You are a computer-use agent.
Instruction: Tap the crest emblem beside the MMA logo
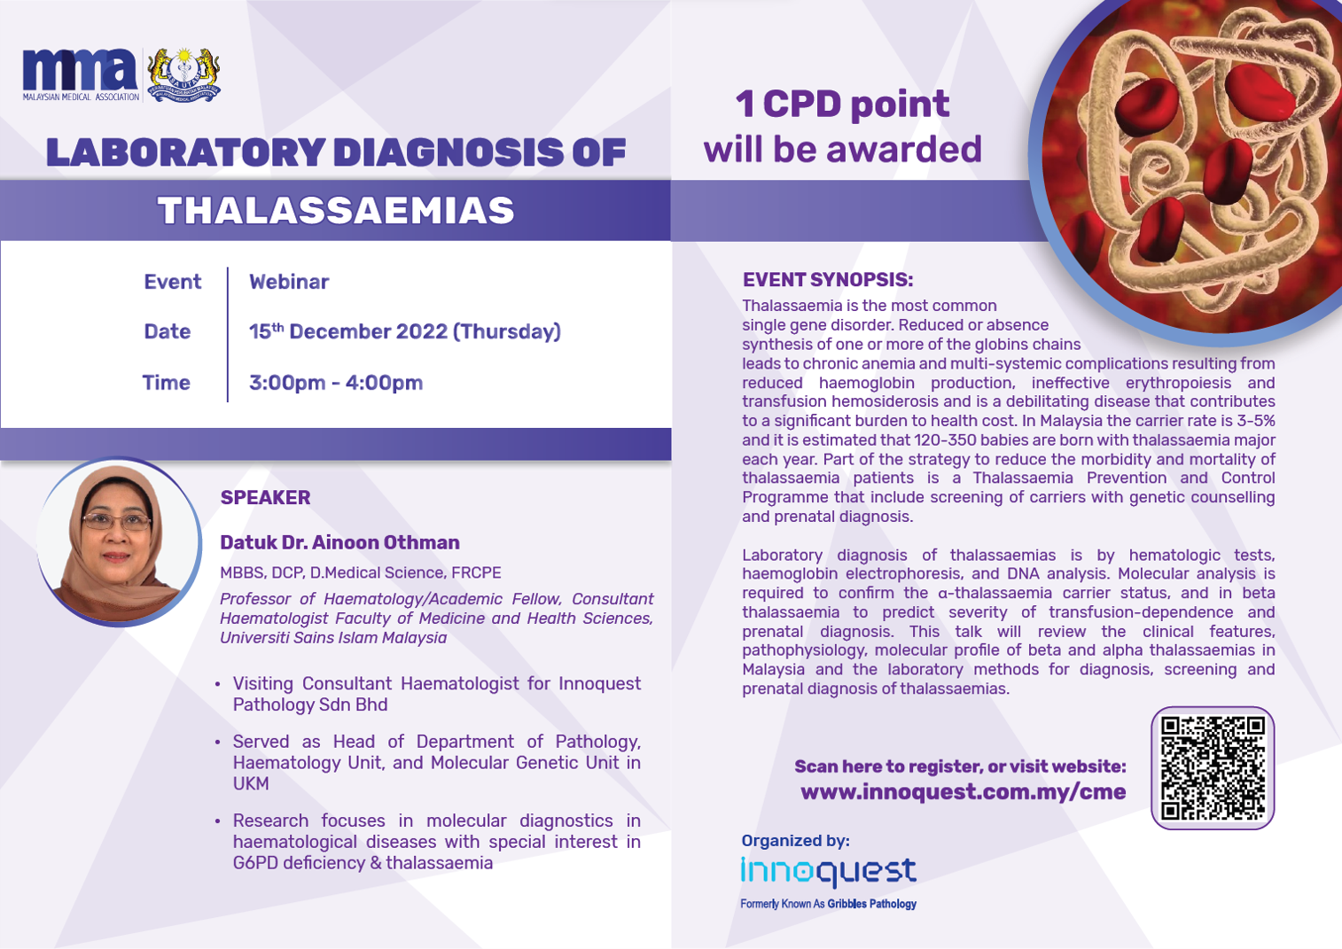183,74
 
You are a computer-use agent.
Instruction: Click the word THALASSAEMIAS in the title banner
336,211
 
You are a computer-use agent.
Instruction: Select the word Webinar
289,282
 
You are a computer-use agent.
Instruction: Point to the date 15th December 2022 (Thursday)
405,331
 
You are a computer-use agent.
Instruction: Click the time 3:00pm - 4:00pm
336,383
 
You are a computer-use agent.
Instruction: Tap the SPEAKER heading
265,498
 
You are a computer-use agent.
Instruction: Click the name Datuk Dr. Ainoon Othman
339,542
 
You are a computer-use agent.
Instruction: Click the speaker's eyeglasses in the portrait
117,522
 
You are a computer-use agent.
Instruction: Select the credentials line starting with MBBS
361,572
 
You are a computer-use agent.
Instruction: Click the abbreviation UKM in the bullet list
251,783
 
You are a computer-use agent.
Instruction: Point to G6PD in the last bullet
255,863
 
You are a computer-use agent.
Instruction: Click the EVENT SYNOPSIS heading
828,280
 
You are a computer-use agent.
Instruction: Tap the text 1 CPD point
842,105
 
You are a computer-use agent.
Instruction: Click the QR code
1213,768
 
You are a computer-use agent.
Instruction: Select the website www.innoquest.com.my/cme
964,791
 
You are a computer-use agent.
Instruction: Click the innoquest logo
829,872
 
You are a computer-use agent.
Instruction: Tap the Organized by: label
796,841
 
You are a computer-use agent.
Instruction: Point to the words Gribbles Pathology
871,904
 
